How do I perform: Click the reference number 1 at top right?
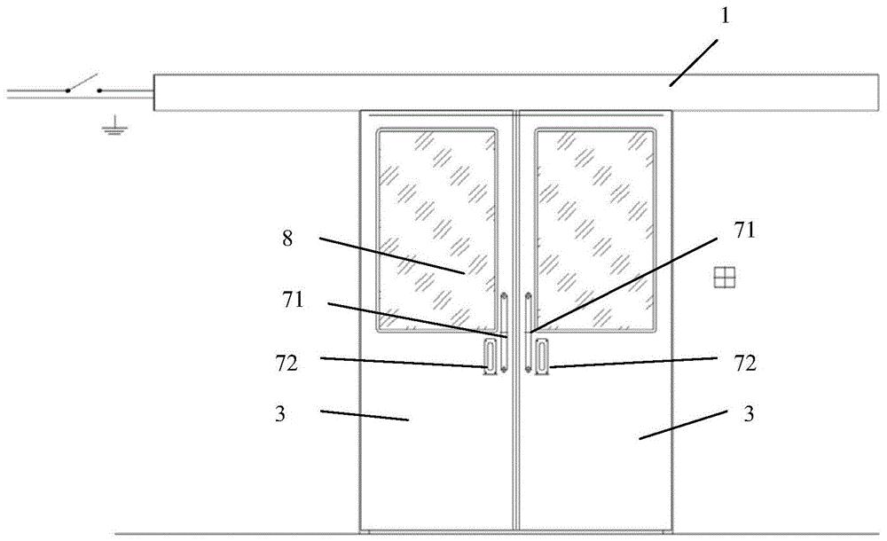[725, 17]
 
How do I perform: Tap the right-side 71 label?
[744, 231]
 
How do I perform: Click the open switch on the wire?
[82, 87]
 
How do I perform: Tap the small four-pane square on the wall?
[725, 278]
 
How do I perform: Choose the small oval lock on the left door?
[488, 356]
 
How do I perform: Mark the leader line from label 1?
[697, 57]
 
